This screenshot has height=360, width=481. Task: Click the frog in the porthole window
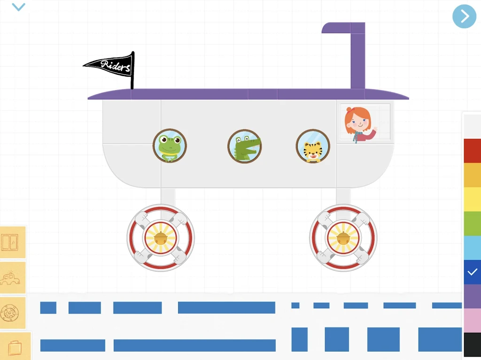point(170,146)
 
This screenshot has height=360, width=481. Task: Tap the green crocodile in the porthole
point(244,146)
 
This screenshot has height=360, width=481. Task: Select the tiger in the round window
point(313,146)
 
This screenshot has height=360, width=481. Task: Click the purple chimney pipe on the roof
point(351,55)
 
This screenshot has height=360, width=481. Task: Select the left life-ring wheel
point(161,237)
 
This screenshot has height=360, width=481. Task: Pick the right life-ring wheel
point(343,237)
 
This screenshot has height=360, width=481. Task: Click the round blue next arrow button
point(465,16)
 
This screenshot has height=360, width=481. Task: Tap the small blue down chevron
point(18,7)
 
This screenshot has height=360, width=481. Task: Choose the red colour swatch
point(473,151)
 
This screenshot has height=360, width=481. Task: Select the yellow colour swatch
point(473,199)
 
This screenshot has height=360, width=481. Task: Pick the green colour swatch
point(473,223)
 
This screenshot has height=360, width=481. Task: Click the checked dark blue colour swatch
point(473,272)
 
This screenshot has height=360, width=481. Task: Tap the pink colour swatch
point(473,321)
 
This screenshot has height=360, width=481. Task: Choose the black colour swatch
point(473,345)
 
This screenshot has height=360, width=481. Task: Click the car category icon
point(12,278)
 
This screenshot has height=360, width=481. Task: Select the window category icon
point(12,242)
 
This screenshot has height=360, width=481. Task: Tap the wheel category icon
point(12,313)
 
